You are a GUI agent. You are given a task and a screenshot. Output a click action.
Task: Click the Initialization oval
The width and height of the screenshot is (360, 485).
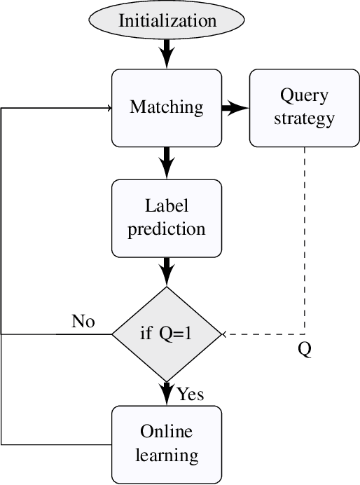(167, 20)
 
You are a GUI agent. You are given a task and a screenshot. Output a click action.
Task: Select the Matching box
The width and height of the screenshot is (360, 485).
(167, 108)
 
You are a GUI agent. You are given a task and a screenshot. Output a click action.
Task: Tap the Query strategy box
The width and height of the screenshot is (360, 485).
(304, 108)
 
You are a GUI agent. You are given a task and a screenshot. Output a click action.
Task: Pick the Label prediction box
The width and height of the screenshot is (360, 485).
(167, 218)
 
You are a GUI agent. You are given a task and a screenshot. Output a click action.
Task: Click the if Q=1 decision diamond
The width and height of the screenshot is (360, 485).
(167, 334)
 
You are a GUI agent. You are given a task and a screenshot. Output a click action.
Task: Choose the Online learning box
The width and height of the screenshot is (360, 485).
(167, 444)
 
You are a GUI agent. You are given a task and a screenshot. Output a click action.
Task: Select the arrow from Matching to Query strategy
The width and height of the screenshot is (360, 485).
(235, 108)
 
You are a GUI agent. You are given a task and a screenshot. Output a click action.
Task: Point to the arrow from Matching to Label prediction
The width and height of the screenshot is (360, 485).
(167, 162)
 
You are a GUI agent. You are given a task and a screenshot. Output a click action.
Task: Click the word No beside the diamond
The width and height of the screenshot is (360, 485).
(83, 322)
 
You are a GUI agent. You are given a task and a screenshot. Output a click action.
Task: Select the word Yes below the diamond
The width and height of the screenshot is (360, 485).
(191, 395)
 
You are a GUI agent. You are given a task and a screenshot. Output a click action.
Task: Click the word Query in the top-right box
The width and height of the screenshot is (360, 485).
(304, 95)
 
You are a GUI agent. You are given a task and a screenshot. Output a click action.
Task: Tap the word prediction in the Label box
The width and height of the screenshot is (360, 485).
(167, 229)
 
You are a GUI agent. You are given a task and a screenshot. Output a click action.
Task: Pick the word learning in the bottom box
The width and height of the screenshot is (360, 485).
(167, 456)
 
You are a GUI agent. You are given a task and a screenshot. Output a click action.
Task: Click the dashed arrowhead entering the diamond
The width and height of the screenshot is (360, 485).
(226, 334)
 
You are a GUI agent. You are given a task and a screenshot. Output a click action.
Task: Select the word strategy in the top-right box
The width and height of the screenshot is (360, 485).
(304, 118)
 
